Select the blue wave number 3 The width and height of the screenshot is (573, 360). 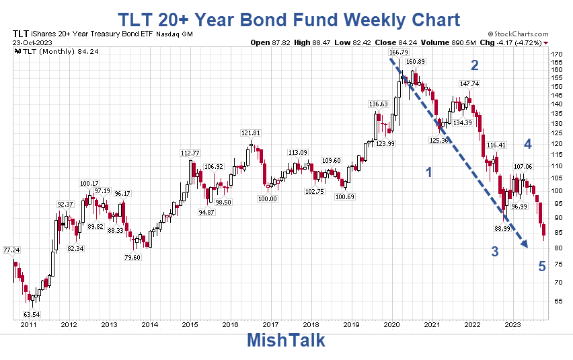tap(494, 252)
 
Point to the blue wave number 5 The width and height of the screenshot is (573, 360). tap(541, 266)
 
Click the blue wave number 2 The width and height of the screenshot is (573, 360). tap(474, 65)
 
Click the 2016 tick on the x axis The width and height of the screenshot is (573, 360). tap(230, 325)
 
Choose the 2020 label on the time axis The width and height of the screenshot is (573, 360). tap(392, 325)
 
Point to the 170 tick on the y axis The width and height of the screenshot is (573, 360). tap(557, 54)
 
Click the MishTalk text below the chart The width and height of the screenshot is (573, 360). tap(286, 340)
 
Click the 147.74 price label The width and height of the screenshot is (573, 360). tap(469, 84)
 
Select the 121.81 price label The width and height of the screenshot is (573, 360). tap(250, 133)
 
